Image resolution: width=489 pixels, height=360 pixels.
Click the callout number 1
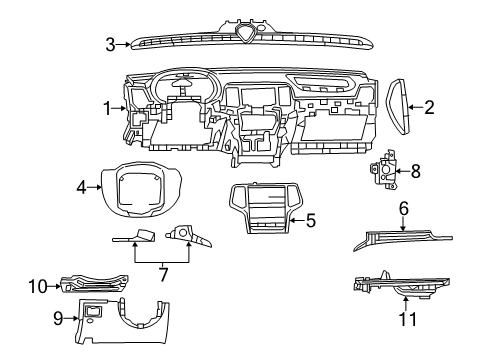click(x=106, y=107)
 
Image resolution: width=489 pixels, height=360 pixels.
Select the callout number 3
click(x=112, y=42)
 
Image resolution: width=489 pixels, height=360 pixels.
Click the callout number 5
click(x=311, y=219)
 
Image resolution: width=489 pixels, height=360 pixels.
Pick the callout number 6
click(x=403, y=209)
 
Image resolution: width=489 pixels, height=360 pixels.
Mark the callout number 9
click(x=59, y=319)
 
